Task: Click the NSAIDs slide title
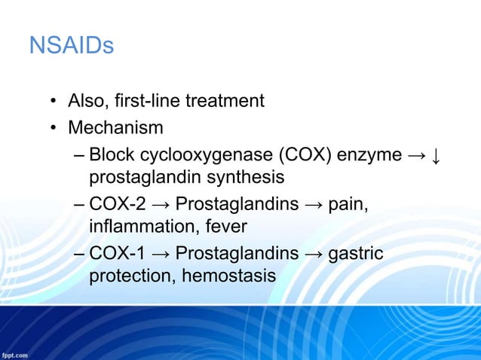71,47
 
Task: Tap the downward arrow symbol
437,155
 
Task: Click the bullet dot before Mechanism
54,128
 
